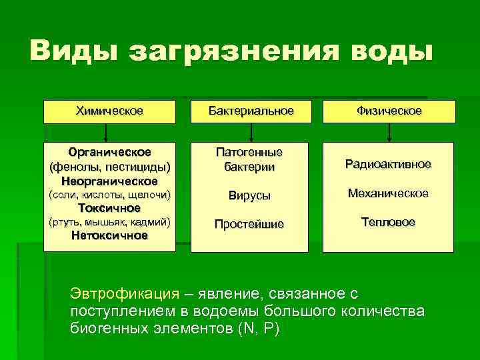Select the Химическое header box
coord(109,111)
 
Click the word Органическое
coord(109,152)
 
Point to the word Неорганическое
coord(109,181)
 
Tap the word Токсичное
coord(109,208)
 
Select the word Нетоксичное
coord(109,235)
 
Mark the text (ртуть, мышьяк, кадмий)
coord(109,221)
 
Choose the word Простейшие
coord(249,225)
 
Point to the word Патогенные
coord(249,152)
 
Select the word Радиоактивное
coord(387,164)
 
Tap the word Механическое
coord(389,193)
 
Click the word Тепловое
coord(387,222)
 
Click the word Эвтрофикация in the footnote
coord(125,293)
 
